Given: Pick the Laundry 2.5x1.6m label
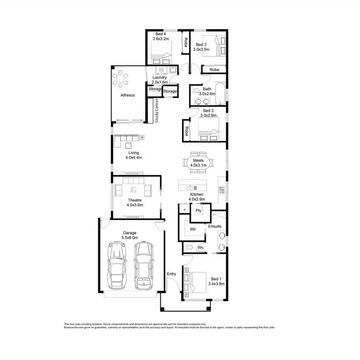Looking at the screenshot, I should coord(159,80).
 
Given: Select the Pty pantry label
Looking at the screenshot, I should coord(197,210).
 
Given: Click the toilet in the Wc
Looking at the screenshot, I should coord(190,248).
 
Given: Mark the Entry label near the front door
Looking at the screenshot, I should coord(171,274).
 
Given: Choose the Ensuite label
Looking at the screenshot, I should coord(215,226).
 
